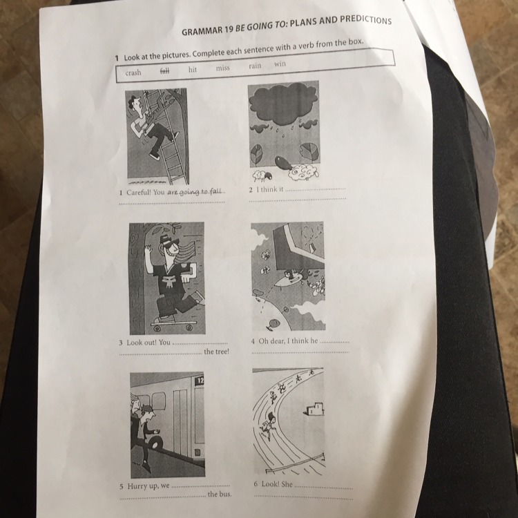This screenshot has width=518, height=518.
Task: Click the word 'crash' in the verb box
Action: pyautogui.click(x=133, y=73)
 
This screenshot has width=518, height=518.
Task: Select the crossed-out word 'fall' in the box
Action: pyautogui.click(x=164, y=70)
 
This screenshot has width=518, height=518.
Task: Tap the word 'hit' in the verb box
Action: pyautogui.click(x=193, y=69)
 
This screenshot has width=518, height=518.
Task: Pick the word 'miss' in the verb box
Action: pyautogui.click(x=222, y=68)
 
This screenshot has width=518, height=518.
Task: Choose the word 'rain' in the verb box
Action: pyautogui.click(x=255, y=66)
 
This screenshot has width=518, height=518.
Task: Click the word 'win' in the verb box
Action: pyautogui.click(x=280, y=64)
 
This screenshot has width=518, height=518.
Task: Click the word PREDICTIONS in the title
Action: pyautogui.click(x=365, y=20)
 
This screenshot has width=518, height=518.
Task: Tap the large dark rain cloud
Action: pyautogui.click(x=283, y=102)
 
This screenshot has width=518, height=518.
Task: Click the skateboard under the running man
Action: pyautogui.click(x=173, y=324)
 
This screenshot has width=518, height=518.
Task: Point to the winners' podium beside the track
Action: pyautogui.click(x=314, y=409)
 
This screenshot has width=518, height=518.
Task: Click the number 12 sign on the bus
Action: pyautogui.click(x=200, y=381)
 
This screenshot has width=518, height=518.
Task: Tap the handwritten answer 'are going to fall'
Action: pyautogui.click(x=195, y=192)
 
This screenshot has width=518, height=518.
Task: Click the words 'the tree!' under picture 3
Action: pyautogui.click(x=216, y=352)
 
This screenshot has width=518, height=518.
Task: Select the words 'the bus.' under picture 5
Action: pyautogui.click(x=220, y=495)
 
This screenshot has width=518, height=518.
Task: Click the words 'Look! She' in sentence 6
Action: pyautogui.click(x=274, y=484)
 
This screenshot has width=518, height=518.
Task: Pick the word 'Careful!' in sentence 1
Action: pyautogui.click(x=138, y=192)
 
